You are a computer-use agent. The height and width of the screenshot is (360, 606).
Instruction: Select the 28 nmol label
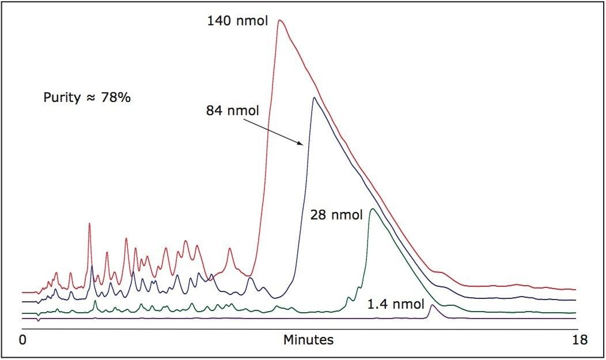coord(336,215)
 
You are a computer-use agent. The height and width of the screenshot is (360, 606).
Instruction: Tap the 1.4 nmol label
coord(396,304)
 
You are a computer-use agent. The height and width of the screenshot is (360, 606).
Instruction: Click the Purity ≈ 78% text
coord(88,98)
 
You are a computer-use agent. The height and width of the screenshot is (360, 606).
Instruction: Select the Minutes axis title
coord(308,340)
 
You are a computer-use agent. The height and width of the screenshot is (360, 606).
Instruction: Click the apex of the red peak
coord(279,21)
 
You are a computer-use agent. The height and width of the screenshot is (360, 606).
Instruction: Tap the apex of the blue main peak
coord(313,97)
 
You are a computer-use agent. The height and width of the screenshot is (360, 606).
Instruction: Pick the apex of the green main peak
coord(372,209)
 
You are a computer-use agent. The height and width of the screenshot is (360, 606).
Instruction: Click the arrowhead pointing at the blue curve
coord(302,146)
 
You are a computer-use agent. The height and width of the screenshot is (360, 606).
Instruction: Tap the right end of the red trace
coord(575,289)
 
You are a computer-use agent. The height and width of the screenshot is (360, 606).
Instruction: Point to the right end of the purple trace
coord(575,318)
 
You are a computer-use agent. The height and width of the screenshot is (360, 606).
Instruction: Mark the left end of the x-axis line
coord(22,329)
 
